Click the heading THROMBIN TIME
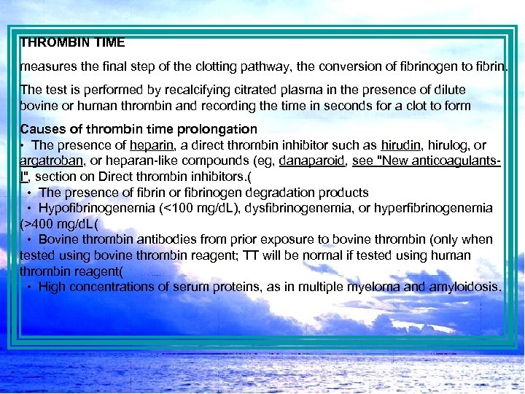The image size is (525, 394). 72,43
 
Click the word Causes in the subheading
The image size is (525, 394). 39,129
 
